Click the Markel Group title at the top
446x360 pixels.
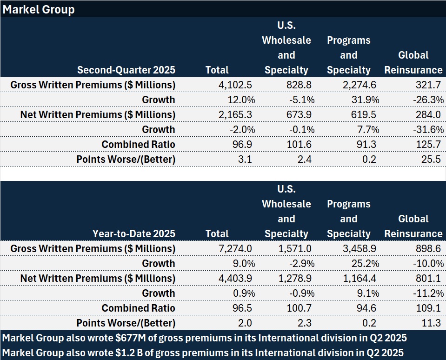coord(39,9)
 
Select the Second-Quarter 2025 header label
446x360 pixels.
coord(126,70)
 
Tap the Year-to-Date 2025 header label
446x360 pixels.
coord(134,234)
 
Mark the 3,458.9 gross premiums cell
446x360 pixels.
coord(359,249)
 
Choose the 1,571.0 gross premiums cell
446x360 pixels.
coord(294,249)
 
